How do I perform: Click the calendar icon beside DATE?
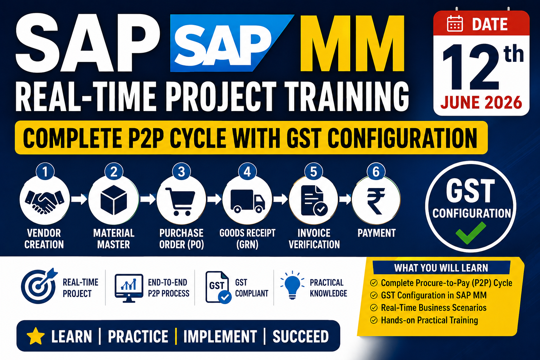455,24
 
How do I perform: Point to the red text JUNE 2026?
481,102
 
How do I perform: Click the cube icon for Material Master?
114,200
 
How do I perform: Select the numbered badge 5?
313,172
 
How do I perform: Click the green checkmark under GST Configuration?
471,233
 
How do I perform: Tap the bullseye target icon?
39,286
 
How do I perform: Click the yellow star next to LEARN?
36,336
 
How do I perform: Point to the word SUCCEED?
301,336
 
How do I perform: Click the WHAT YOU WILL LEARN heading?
441,268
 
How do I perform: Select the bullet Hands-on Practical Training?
424,320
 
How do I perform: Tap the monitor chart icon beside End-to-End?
129,288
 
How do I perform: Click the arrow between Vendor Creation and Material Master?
79,200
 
